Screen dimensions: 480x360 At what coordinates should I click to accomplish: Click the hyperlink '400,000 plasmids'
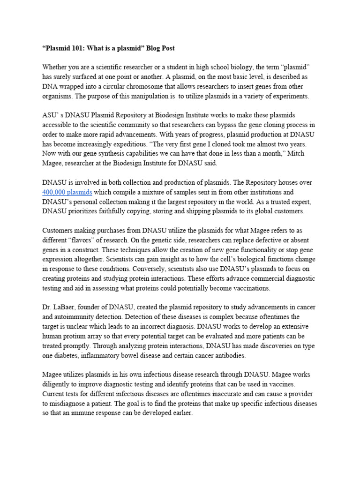point(67,192)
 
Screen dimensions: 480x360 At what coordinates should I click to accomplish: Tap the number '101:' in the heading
point(79,48)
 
